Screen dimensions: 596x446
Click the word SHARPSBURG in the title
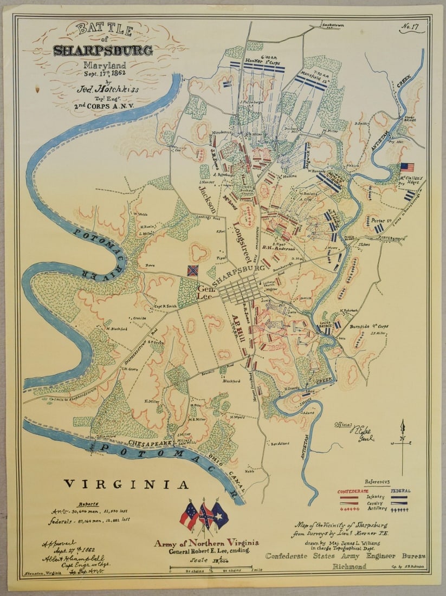click(x=102, y=51)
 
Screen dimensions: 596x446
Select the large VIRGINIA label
click(x=126, y=484)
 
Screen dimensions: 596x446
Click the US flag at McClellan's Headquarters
click(x=407, y=167)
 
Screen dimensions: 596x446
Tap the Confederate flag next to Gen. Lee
click(x=192, y=270)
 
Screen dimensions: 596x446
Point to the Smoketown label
click(x=333, y=25)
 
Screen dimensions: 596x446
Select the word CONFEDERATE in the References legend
click(x=353, y=491)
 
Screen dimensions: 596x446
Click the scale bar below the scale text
click(x=211, y=567)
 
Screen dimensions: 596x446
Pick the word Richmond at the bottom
click(x=349, y=566)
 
